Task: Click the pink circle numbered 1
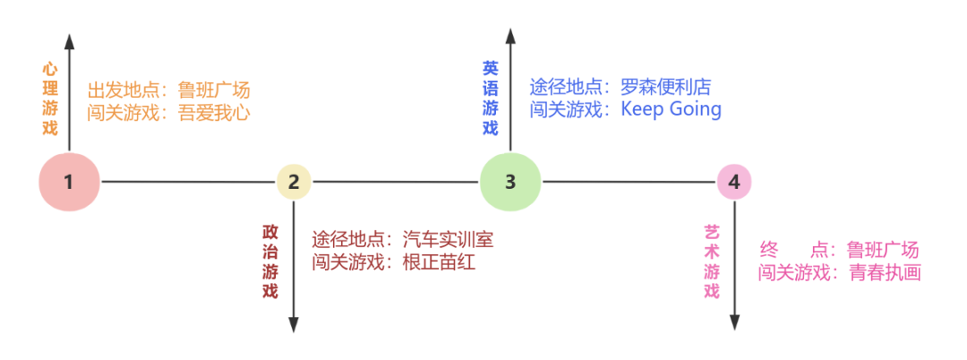(68, 182)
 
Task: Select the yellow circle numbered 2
(294, 182)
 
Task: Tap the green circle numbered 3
(510, 182)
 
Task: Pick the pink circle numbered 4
(734, 183)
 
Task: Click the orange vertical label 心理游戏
(49, 98)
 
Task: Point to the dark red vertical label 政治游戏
(270, 261)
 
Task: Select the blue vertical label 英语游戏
(491, 98)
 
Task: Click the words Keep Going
(671, 109)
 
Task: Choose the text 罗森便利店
(665, 87)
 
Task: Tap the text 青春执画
(885, 272)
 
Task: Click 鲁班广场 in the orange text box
(214, 90)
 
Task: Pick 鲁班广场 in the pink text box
(883, 250)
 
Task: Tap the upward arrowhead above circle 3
(510, 37)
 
